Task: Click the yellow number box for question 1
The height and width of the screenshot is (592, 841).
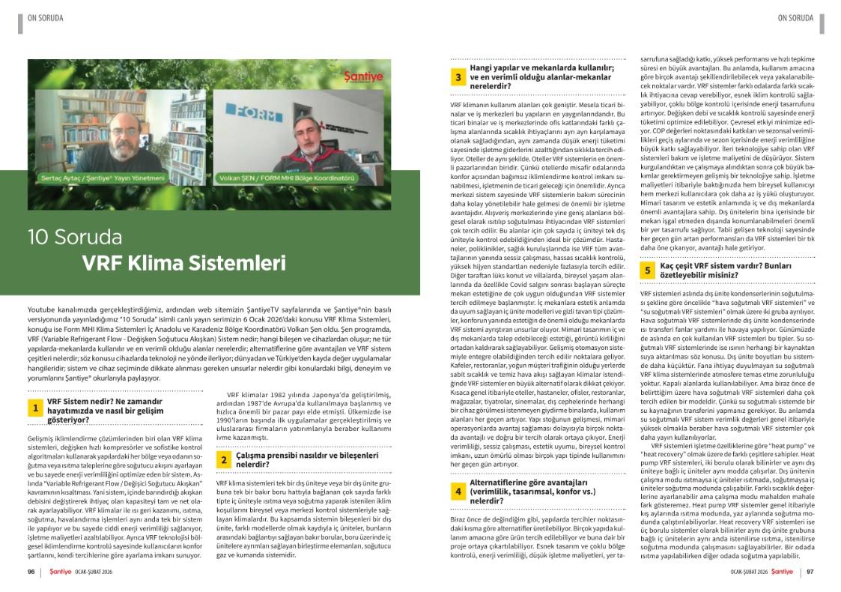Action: coord(34,408)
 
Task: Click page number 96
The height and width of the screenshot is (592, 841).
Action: coord(31,572)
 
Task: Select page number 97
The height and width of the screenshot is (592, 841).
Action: coord(810,572)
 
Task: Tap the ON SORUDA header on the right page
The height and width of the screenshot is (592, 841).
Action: coord(795,18)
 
